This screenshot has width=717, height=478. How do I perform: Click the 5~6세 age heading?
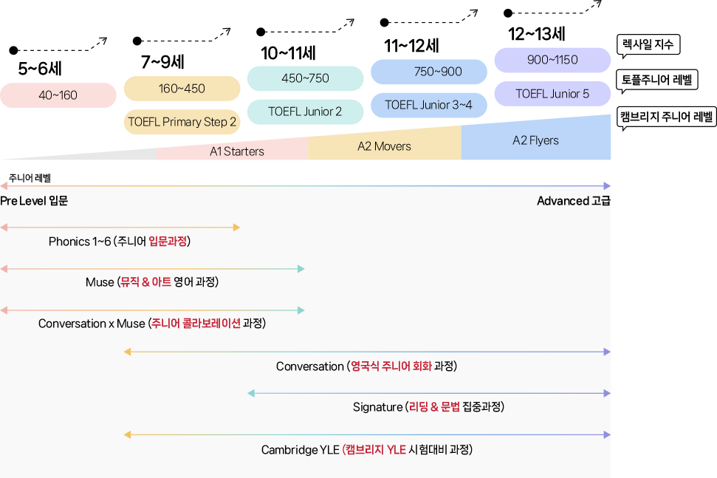40,69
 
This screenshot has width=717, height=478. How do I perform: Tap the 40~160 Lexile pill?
58,95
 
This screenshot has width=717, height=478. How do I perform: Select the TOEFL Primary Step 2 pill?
182,122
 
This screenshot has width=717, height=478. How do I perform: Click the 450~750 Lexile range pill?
305,78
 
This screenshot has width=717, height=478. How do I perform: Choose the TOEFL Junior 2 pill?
305,112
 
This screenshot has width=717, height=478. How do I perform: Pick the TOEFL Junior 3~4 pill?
429,105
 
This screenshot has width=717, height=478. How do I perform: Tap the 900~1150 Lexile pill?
552,60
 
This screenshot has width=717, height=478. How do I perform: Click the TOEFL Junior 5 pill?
552,94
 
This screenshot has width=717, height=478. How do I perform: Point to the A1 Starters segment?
233,150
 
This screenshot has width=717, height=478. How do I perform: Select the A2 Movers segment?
385,146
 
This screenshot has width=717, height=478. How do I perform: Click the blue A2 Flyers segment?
536,139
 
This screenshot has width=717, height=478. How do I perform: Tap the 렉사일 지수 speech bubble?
648,45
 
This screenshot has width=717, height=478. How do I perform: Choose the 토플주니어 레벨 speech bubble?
656,81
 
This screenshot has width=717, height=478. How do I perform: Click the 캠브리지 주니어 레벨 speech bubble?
666,117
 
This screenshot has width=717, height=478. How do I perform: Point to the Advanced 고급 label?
574,201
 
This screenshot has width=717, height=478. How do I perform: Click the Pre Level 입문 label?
34,201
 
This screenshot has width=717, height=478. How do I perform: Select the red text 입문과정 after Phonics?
168,241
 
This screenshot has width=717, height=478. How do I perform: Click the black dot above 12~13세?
507,13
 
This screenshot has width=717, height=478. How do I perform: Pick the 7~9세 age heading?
162,62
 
